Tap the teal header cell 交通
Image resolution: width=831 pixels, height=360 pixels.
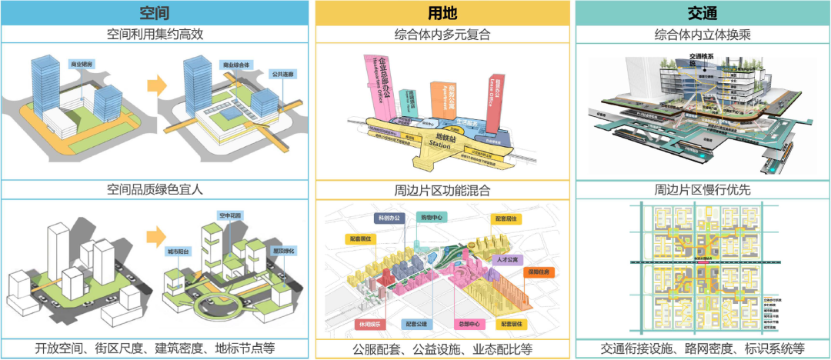click(702, 13)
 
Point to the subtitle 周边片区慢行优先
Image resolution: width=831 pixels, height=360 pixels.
click(702, 189)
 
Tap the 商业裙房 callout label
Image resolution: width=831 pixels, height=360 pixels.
click(82, 65)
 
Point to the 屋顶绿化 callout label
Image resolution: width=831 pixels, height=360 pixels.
click(282, 251)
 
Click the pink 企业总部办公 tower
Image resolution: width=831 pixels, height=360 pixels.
click(379, 85)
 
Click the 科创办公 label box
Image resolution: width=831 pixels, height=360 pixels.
click(389, 218)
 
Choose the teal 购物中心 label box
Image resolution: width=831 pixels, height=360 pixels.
click(432, 218)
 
